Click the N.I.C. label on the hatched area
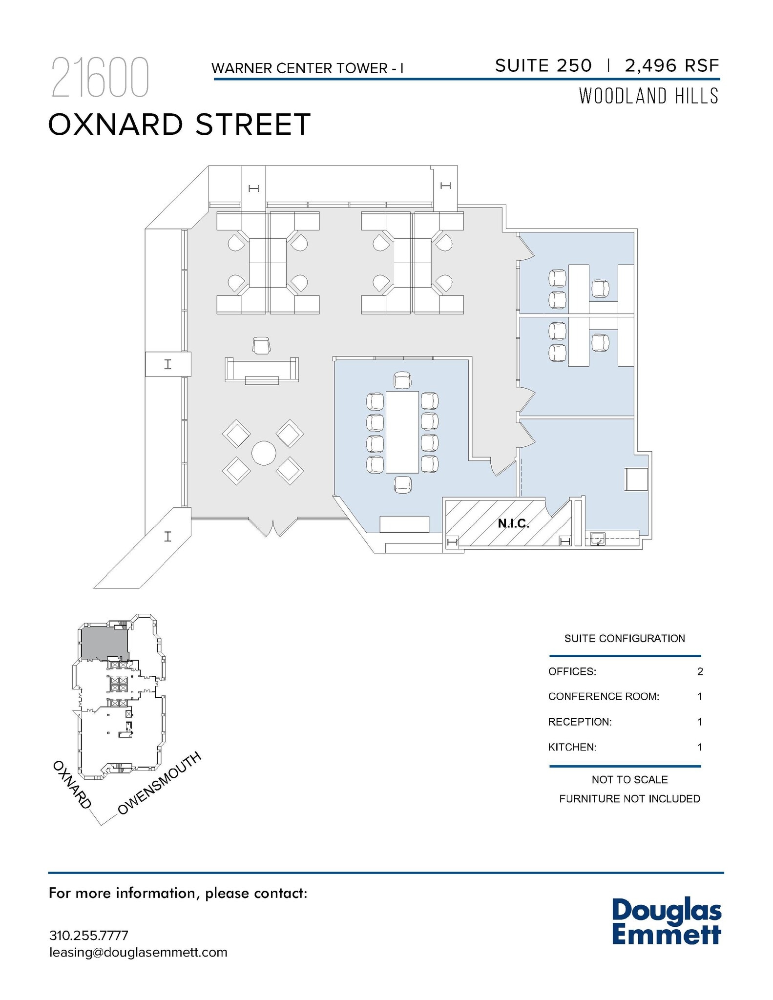point(513,524)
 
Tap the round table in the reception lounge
point(264,453)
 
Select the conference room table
point(402,432)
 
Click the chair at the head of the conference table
point(402,380)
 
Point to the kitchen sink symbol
point(598,539)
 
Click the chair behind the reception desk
point(262,345)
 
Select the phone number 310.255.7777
point(89,936)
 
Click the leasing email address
point(138,952)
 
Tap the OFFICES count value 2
point(700,671)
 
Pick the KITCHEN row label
point(572,747)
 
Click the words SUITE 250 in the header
point(543,65)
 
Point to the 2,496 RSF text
point(672,65)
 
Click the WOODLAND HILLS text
point(648,96)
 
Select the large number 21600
point(100,78)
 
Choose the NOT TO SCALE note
point(629,780)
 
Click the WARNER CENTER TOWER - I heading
point(308,68)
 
